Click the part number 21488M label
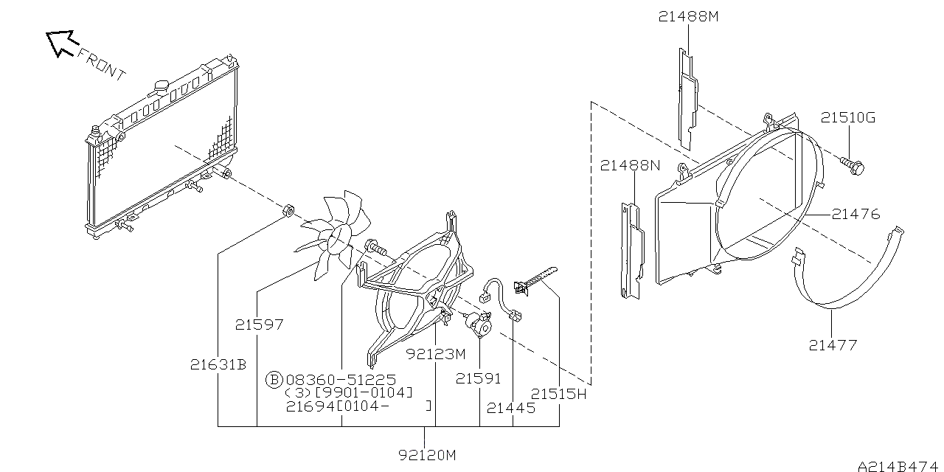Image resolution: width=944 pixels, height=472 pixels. [x=687, y=16]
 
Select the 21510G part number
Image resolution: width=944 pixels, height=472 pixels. [x=848, y=118]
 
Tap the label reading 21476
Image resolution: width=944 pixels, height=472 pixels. [x=855, y=215]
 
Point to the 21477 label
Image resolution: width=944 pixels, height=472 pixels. [x=833, y=344]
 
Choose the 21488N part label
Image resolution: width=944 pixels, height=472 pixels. [x=630, y=165]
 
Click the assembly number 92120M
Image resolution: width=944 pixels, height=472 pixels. [x=427, y=455]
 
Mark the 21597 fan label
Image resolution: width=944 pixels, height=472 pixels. [x=260, y=324]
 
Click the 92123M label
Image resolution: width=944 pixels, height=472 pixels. [x=437, y=353]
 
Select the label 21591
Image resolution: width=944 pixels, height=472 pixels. [x=478, y=378]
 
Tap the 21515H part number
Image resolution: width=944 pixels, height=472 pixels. [x=558, y=394]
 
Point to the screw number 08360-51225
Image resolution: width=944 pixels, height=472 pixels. [x=340, y=380]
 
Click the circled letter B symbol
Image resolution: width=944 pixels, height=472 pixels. [x=274, y=380]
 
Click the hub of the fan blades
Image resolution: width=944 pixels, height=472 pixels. [x=340, y=237]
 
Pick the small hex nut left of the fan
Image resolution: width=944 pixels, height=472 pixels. [x=288, y=212]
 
